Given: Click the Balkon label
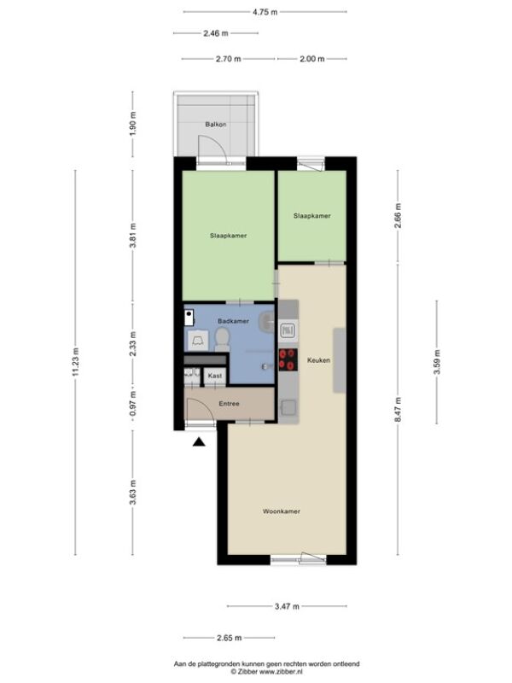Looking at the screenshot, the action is (216, 125).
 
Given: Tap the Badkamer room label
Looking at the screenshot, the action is (233, 321).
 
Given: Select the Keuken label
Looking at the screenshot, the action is (318, 360).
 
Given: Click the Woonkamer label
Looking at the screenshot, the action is (282, 511).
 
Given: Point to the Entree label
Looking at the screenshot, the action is (229, 404).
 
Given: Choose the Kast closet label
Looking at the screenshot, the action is (215, 376).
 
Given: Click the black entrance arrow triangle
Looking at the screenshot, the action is (199, 442).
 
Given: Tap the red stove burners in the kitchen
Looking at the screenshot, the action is (288, 359).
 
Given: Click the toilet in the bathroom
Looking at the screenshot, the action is (223, 340).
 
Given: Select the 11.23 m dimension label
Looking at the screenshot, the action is (76, 362).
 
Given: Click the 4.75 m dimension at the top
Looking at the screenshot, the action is (265, 12).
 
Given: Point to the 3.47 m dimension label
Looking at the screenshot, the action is (287, 606).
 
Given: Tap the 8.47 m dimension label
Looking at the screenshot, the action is (399, 410).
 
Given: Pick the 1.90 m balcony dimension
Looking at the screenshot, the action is (133, 124).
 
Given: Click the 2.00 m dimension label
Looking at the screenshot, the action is (312, 59).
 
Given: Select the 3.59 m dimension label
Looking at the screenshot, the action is (437, 362).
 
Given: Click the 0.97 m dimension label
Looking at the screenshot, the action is (133, 403).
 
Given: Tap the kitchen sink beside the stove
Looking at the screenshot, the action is (288, 330).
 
